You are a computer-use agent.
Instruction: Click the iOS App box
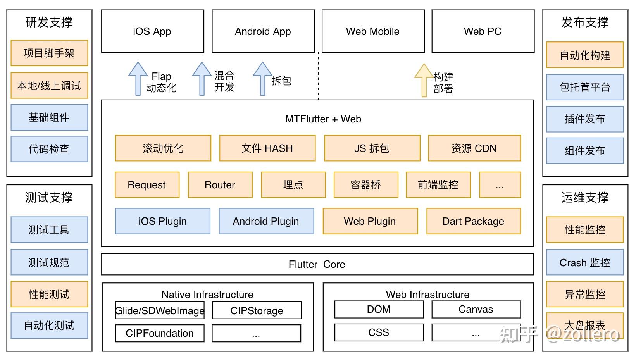click(x=152, y=31)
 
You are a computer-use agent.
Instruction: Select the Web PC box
click(x=483, y=31)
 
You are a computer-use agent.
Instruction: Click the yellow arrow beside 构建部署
click(x=424, y=80)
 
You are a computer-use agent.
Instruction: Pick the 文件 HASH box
click(x=267, y=148)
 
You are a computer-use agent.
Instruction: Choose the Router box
click(x=220, y=185)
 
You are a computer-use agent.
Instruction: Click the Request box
click(x=147, y=185)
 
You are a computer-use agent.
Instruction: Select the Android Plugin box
click(x=266, y=221)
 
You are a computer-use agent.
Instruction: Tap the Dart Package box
click(x=473, y=221)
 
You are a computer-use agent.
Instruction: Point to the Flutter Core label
click(x=317, y=264)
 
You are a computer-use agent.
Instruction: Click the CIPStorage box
click(x=257, y=311)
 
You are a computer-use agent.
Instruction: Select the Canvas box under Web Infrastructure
click(x=476, y=309)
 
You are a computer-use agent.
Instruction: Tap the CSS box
click(x=379, y=332)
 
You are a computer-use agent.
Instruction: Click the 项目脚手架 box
click(x=49, y=53)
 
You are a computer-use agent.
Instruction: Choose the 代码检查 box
click(x=49, y=149)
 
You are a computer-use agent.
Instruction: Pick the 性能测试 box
click(x=49, y=294)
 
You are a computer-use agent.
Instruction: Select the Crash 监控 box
click(x=584, y=263)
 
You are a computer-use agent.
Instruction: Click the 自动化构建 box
click(x=584, y=55)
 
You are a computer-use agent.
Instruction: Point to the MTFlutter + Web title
click(x=323, y=119)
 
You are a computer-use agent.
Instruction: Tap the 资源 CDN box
click(x=474, y=148)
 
